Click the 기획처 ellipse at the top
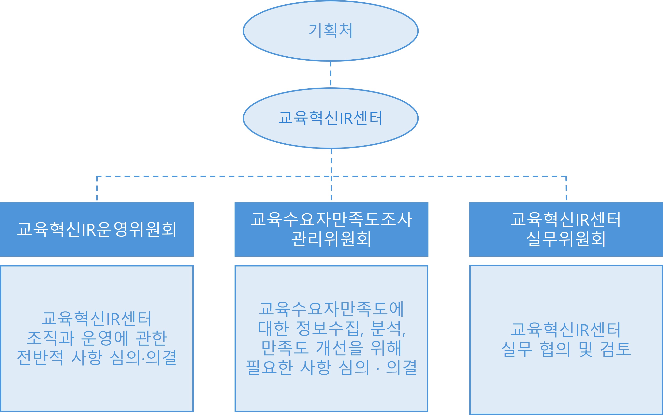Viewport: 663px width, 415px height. (330, 31)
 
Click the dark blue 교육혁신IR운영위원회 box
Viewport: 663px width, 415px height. (97, 229)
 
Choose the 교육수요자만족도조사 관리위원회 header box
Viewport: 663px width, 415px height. (331, 229)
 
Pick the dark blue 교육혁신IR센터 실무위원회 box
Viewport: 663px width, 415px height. (566, 229)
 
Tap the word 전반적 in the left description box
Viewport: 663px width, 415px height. (40, 358)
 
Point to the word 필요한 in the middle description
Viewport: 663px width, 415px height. (269, 367)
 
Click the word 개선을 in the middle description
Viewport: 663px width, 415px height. (340, 348)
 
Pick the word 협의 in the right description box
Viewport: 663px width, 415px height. (555, 349)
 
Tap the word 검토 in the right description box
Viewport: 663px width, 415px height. (615, 349)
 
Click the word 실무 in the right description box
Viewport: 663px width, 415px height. (517, 349)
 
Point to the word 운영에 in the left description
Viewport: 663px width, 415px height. (105, 338)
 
